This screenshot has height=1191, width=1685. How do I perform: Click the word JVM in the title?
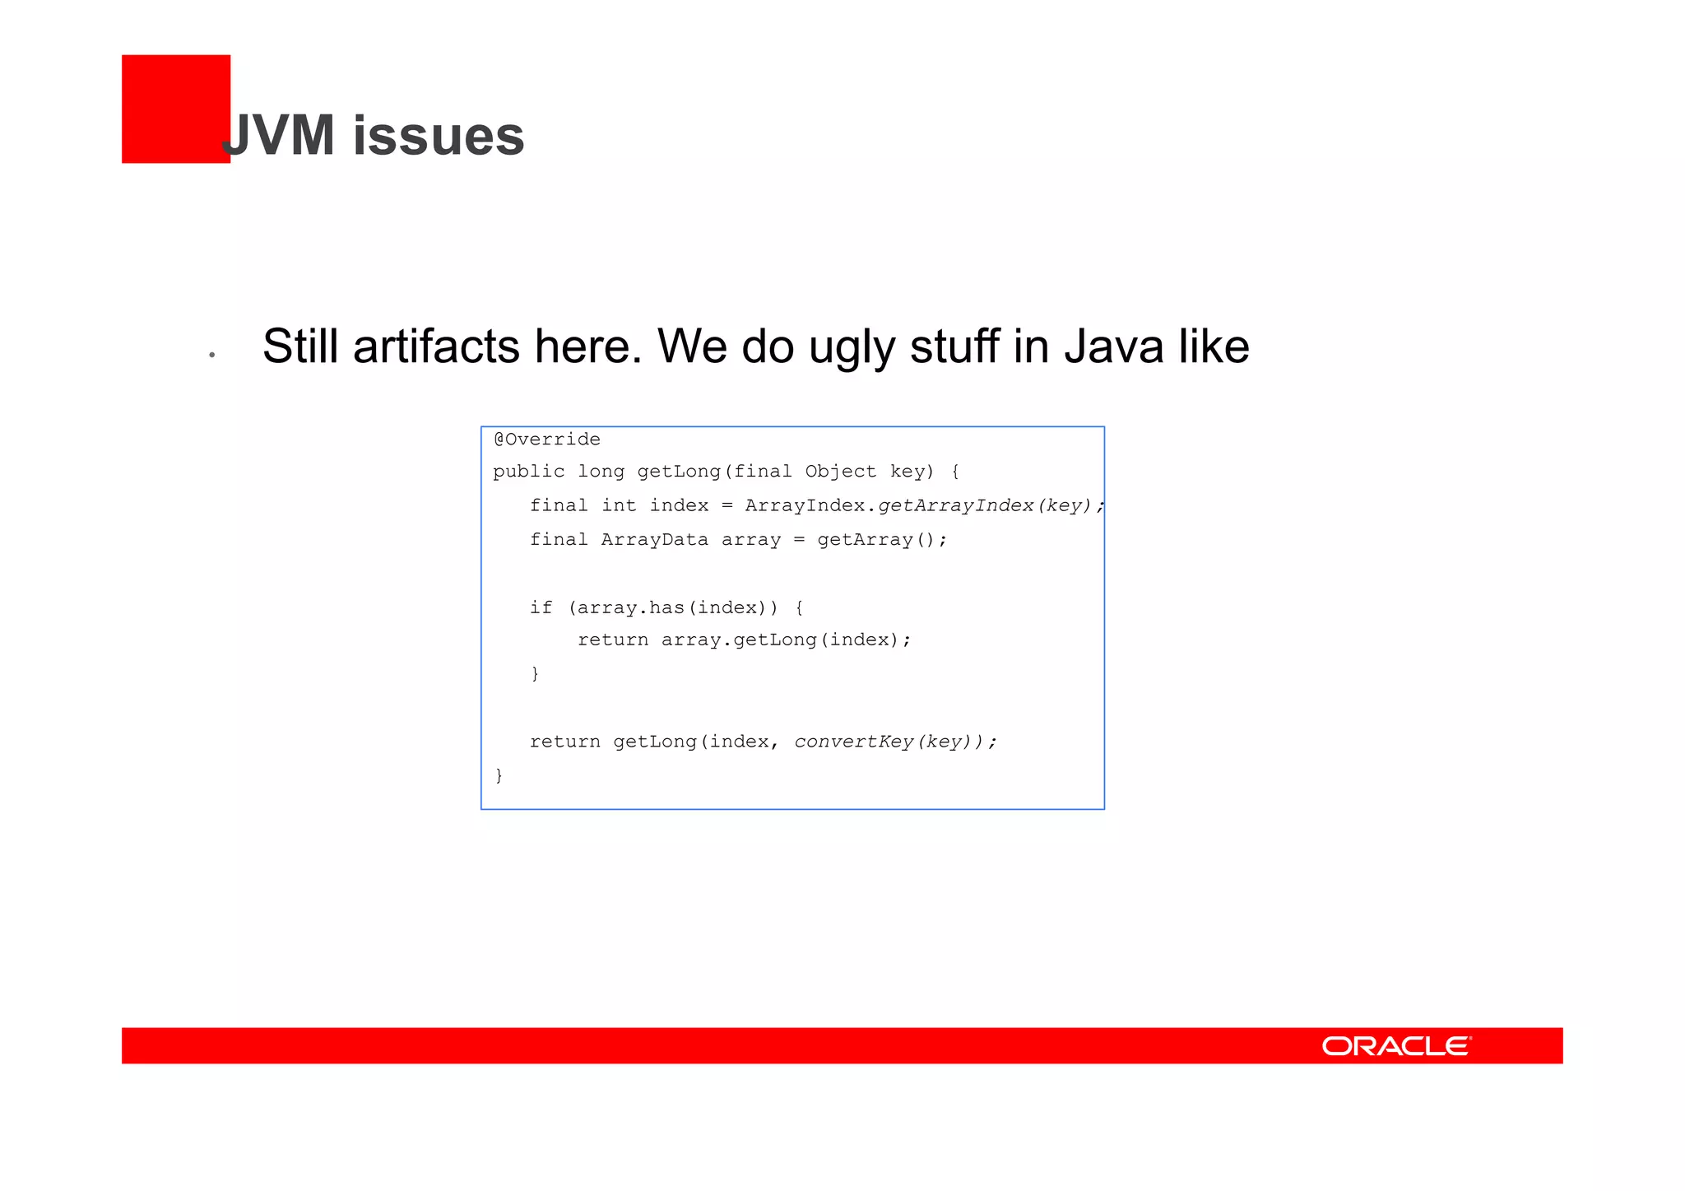pos(280,136)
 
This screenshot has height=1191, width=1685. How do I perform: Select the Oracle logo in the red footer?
pos(1396,1046)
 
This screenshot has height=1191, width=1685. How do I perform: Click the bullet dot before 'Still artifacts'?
pos(212,355)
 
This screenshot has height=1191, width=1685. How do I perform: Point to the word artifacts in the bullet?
pos(436,347)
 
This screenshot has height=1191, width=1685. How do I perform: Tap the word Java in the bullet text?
pos(1113,347)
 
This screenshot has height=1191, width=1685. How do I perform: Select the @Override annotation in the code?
pos(547,440)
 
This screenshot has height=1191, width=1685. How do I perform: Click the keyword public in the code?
pos(529,472)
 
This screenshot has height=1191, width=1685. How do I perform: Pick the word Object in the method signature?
pos(840,472)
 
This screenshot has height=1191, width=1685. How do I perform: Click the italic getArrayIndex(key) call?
pos(984,505)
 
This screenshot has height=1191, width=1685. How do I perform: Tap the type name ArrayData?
pos(654,540)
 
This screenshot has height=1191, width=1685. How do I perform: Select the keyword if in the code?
pos(541,607)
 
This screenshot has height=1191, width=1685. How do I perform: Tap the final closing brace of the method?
pos(499,775)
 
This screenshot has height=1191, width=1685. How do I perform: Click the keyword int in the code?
pos(619,505)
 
